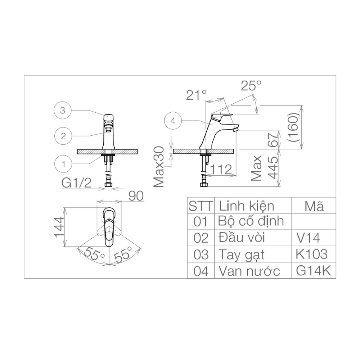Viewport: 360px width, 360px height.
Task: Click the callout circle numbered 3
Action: [x=63, y=111]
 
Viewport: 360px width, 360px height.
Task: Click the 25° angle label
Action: [x=251, y=86]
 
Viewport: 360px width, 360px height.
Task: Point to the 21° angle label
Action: [x=197, y=95]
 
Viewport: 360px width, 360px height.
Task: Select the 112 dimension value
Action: [x=221, y=169]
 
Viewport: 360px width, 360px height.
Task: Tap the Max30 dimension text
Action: [x=159, y=167]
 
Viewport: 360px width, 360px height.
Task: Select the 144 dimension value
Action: [x=59, y=227]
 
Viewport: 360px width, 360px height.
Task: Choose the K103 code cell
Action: [x=311, y=254]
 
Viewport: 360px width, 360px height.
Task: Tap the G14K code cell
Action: [x=311, y=271]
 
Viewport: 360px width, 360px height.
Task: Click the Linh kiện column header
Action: [x=246, y=206]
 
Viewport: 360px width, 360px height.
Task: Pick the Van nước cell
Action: [x=249, y=271]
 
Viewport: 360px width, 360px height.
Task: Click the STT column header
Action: [x=201, y=206]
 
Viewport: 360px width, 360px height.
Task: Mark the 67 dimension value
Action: [x=273, y=140]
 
